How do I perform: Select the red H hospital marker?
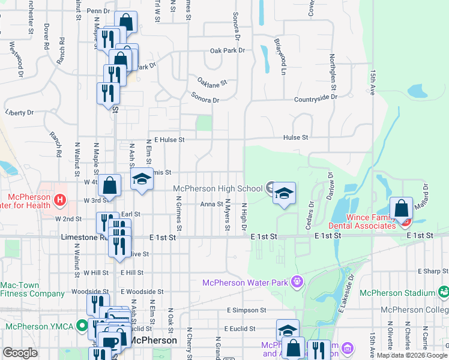[59, 199]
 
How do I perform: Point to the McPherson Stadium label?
[397, 292]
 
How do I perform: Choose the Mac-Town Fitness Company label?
[32, 290]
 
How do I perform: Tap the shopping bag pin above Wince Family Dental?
[401, 208]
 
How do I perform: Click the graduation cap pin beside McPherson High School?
[285, 194]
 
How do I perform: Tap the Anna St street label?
[211, 204]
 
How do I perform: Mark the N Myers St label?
[228, 219]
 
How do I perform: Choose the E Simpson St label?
[246, 310]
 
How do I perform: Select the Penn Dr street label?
[98, 11]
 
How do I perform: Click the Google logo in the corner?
[20, 352]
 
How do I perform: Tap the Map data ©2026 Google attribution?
[411, 355]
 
